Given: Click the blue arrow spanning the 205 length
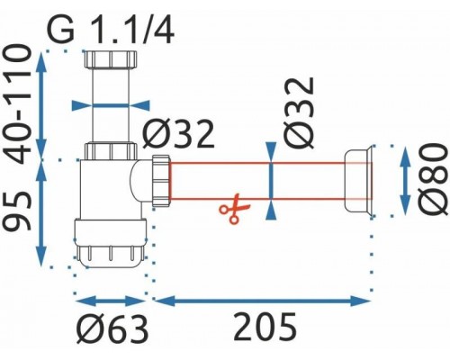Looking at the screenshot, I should point(263,298).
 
